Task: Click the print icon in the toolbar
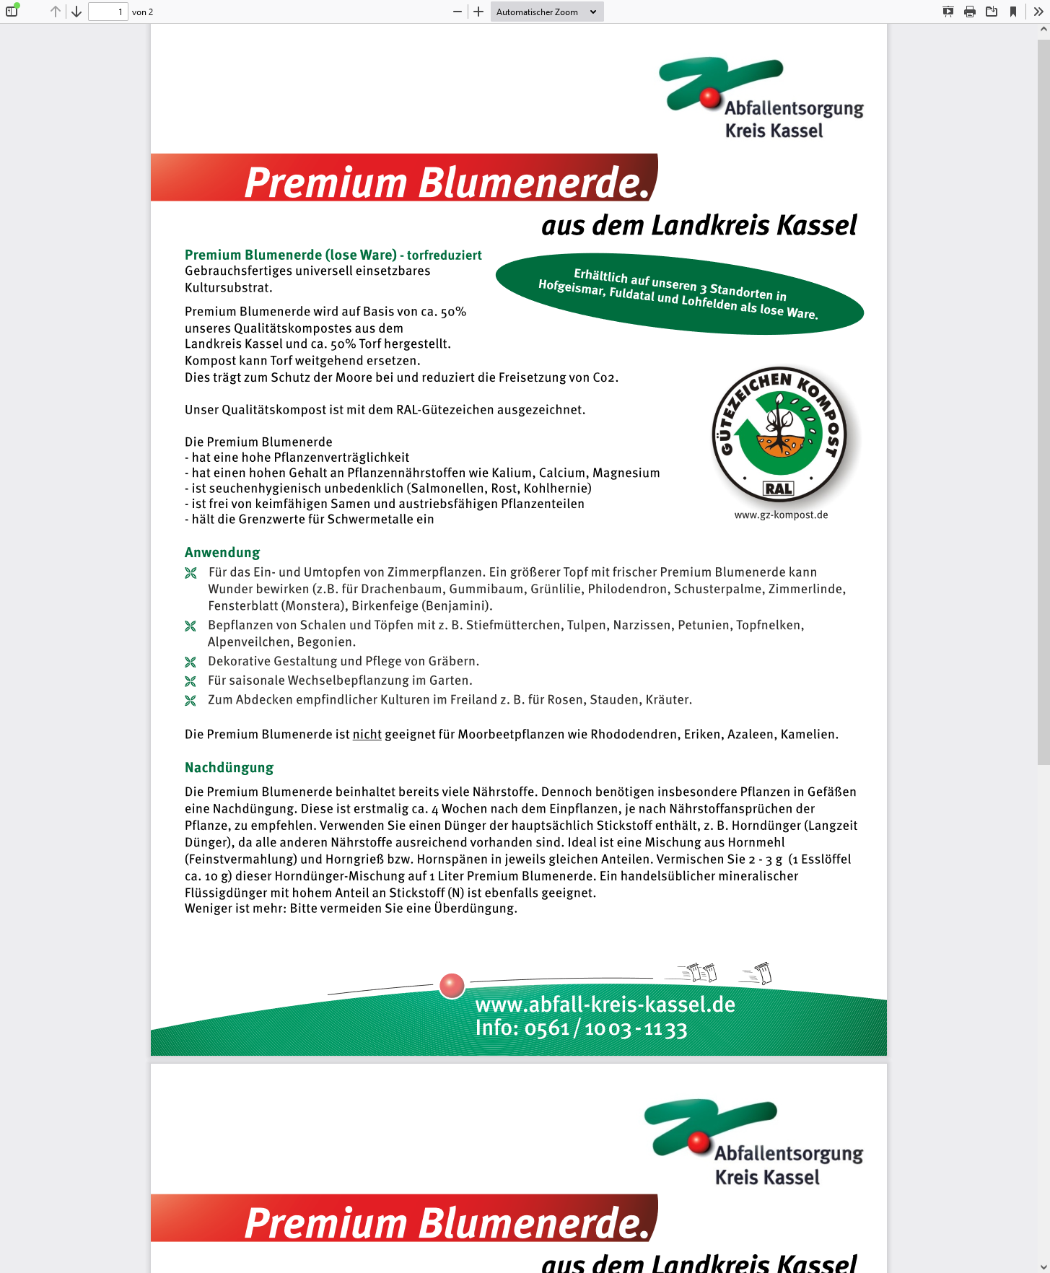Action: pyautogui.click(x=970, y=12)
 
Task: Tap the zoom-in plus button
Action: pyautogui.click(x=478, y=12)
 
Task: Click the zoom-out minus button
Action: pyautogui.click(x=458, y=12)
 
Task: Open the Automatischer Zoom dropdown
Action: pyautogui.click(x=546, y=12)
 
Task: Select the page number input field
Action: pyautogui.click(x=108, y=12)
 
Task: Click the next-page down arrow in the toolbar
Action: pyautogui.click(x=76, y=12)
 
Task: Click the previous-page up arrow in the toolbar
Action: pyautogui.click(x=56, y=12)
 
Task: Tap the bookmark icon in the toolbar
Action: pyautogui.click(x=1013, y=12)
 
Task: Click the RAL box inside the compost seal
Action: pyautogui.click(x=779, y=489)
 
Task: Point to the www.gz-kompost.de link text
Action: pyautogui.click(x=781, y=515)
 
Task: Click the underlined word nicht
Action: pyautogui.click(x=367, y=735)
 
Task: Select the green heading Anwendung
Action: pyautogui.click(x=222, y=553)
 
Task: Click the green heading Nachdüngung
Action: pyautogui.click(x=229, y=768)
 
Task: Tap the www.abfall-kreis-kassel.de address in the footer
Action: pyautogui.click(x=605, y=1005)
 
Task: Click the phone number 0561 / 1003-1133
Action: pyautogui.click(x=605, y=1028)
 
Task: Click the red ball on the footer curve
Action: pyautogui.click(x=452, y=985)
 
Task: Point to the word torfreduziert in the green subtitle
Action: pyautogui.click(x=444, y=255)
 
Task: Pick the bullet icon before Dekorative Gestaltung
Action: pyautogui.click(x=191, y=662)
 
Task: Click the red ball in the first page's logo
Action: pyautogui.click(x=710, y=97)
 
